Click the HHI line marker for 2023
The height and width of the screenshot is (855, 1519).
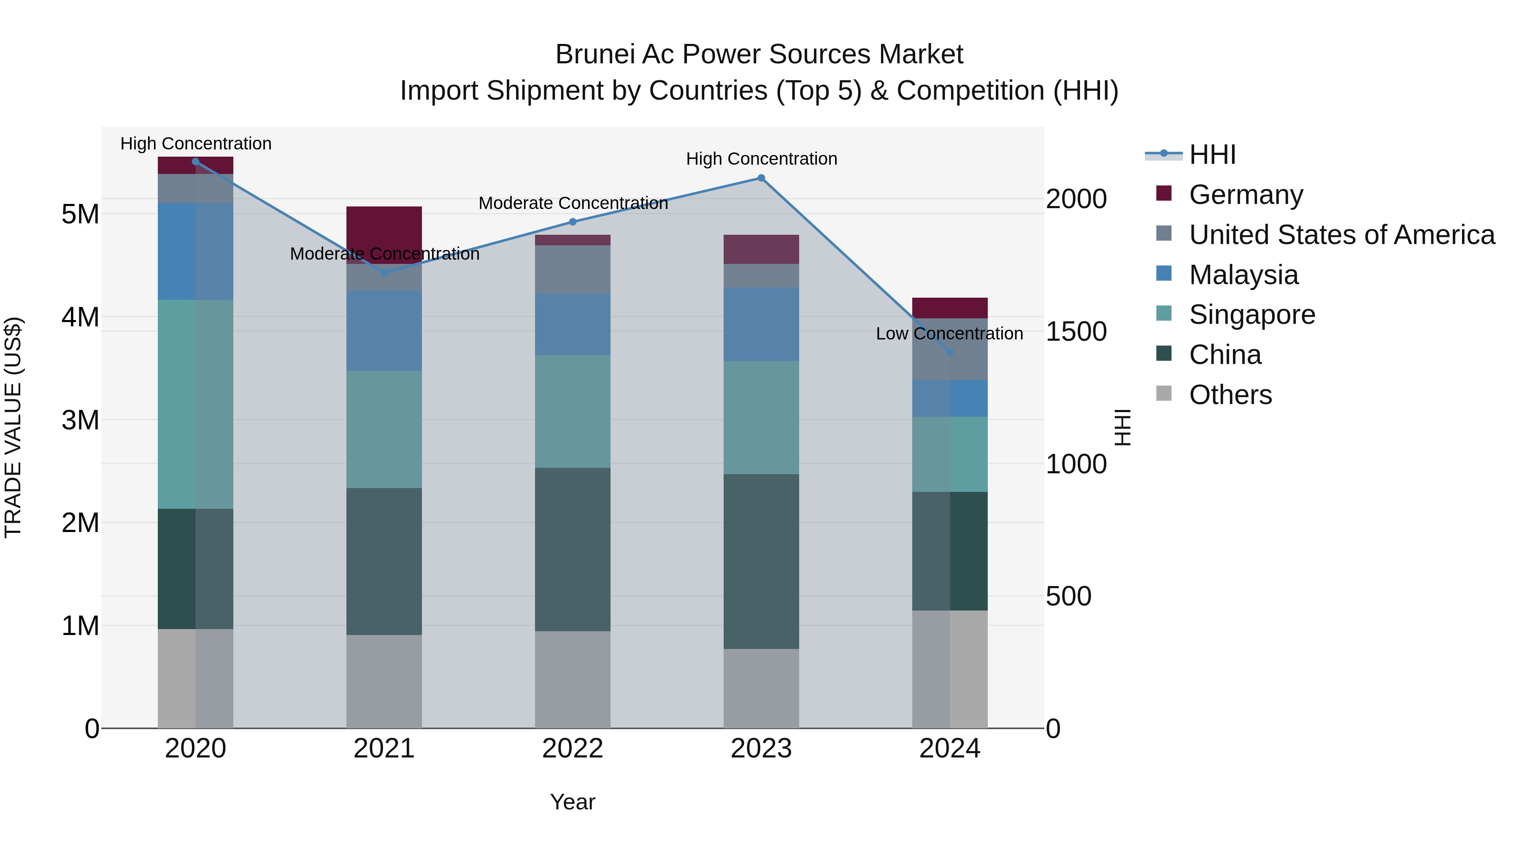pyautogui.click(x=761, y=178)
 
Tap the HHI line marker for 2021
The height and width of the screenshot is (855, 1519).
pyautogui.click(x=384, y=273)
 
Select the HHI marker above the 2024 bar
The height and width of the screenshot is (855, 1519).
pyautogui.click(x=949, y=352)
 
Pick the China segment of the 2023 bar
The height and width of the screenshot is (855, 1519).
pyautogui.click(x=761, y=561)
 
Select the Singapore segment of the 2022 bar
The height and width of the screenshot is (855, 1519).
pyautogui.click(x=572, y=411)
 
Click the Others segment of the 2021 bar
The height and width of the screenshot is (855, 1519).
pyautogui.click(x=384, y=681)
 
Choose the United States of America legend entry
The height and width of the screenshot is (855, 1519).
pyautogui.click(x=1341, y=235)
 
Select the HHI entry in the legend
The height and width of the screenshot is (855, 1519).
pyautogui.click(x=1212, y=155)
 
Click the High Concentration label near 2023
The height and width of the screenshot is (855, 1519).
pyautogui.click(x=761, y=159)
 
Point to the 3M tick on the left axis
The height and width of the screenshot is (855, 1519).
pyautogui.click(x=80, y=420)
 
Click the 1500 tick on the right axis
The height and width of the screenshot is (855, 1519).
pyautogui.click(x=1076, y=331)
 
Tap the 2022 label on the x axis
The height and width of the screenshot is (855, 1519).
pyautogui.click(x=572, y=749)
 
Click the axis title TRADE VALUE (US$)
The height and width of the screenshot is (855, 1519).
pyautogui.click(x=13, y=427)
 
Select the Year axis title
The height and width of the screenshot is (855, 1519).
pyautogui.click(x=572, y=802)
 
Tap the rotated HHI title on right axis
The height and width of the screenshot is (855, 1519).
pyautogui.click(x=1123, y=427)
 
